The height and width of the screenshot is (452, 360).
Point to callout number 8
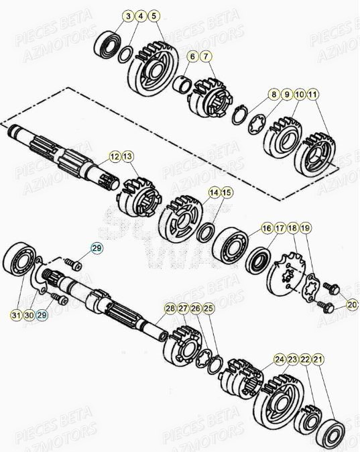coord(274,95)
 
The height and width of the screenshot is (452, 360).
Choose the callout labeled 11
coord(313,95)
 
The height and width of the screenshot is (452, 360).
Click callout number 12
coord(115,156)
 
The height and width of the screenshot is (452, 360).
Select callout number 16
coord(267,229)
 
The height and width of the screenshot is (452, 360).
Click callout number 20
coord(352,305)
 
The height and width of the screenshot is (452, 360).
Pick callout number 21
coord(318,360)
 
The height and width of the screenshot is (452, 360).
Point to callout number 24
coord(280,360)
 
